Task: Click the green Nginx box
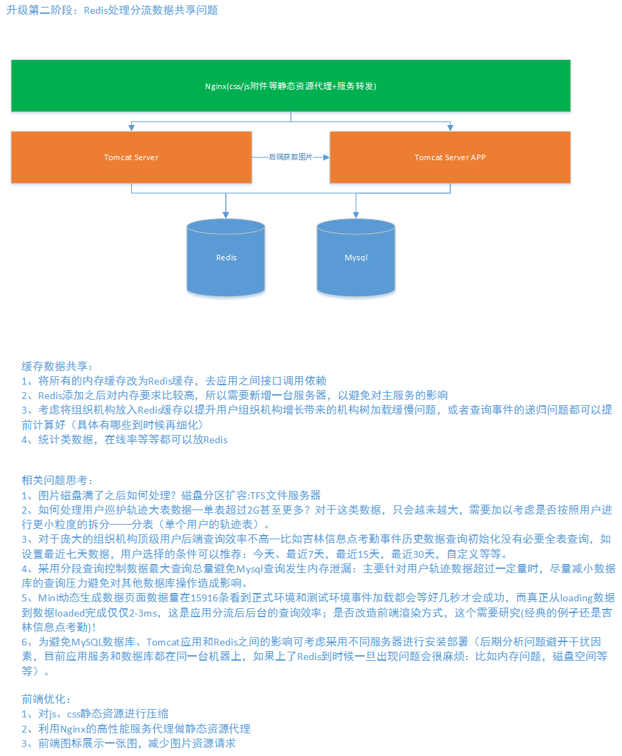click(x=290, y=86)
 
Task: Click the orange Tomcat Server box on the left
click(x=131, y=157)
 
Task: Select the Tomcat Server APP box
click(x=450, y=157)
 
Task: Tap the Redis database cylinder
click(x=226, y=258)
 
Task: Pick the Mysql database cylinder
click(x=356, y=258)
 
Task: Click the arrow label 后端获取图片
click(x=290, y=157)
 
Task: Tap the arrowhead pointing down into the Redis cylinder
click(x=226, y=214)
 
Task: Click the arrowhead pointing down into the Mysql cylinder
click(x=356, y=214)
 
